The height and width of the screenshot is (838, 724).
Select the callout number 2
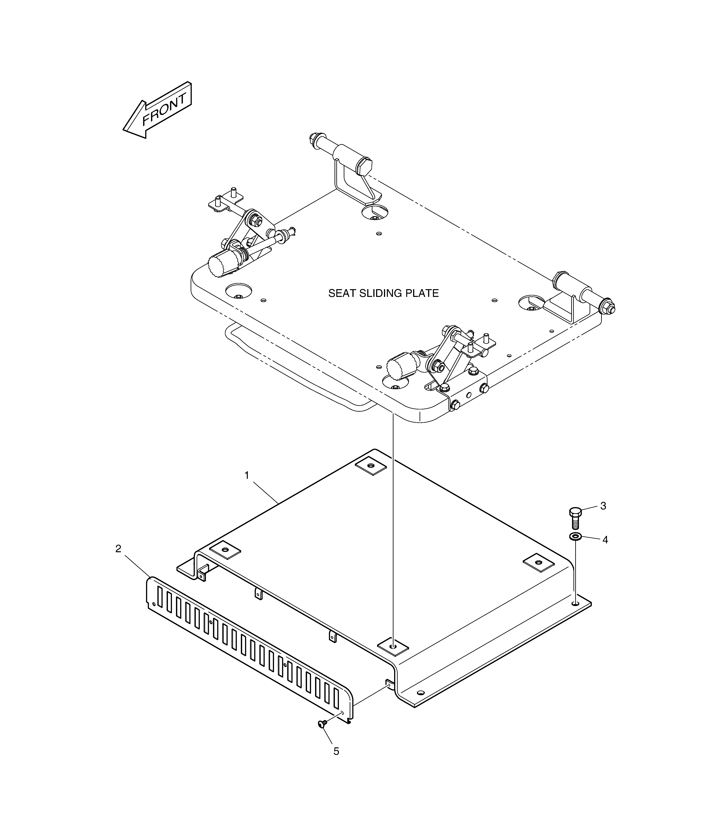click(x=118, y=549)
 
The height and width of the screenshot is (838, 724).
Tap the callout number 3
click(x=603, y=506)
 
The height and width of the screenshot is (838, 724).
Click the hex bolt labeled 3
click(x=575, y=518)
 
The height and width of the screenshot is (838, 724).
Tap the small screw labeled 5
click(x=322, y=724)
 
